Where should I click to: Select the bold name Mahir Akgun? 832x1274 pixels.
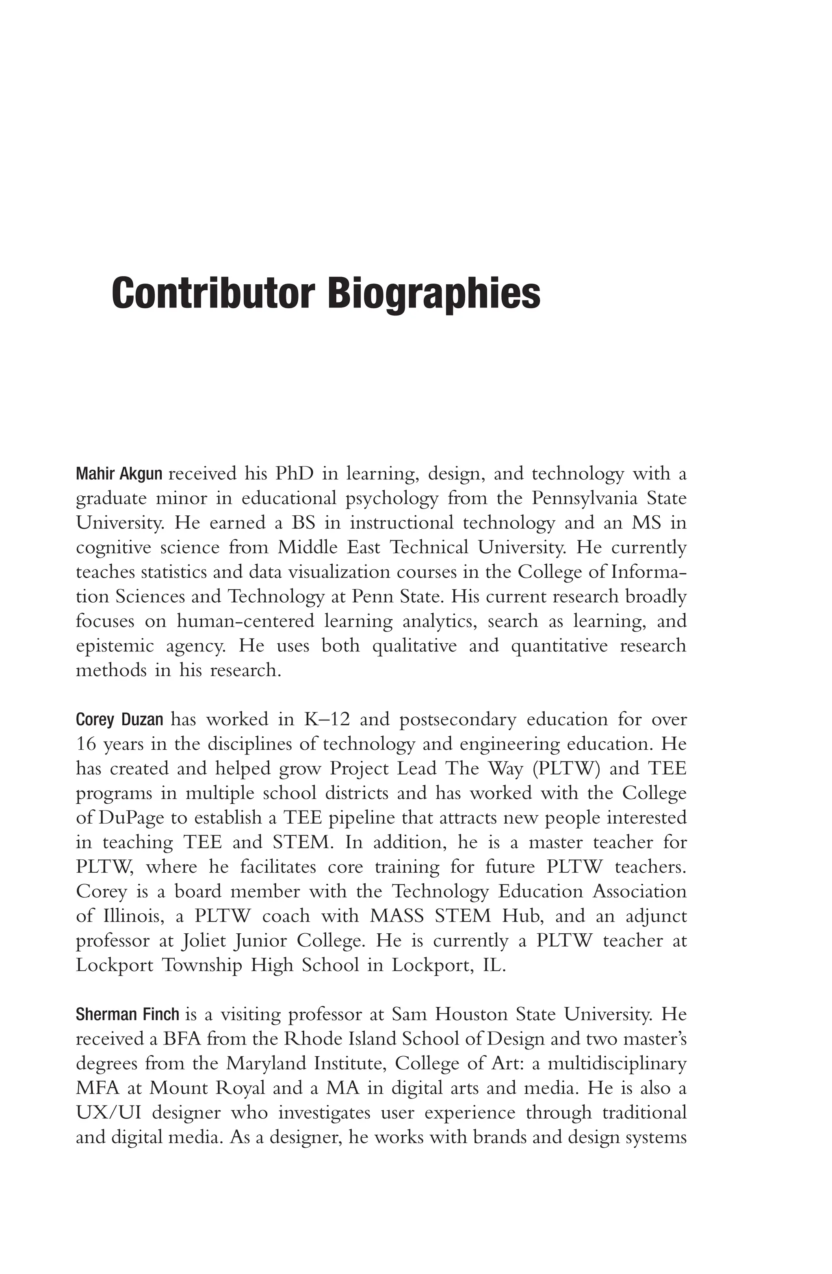click(x=119, y=474)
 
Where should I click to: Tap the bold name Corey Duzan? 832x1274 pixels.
click(x=119, y=719)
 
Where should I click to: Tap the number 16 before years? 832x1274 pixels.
click(x=84, y=744)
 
